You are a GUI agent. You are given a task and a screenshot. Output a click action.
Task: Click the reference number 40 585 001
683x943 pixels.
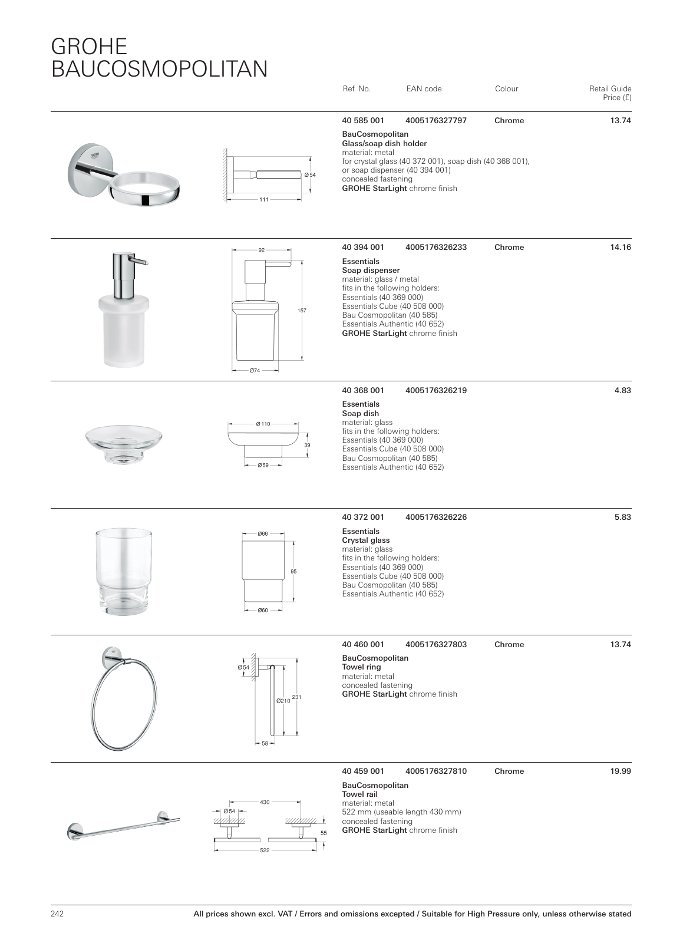(362, 121)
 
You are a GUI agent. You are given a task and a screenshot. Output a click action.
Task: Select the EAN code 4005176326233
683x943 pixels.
(436, 248)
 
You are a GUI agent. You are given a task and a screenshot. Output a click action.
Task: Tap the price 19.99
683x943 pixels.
(621, 771)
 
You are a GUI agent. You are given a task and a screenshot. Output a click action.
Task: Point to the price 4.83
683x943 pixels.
(623, 390)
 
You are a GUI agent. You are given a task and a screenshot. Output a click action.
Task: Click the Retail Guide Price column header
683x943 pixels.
(610, 93)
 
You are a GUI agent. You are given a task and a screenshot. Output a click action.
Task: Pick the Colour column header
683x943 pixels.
(506, 89)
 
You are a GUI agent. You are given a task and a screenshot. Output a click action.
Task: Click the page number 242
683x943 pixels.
(57, 914)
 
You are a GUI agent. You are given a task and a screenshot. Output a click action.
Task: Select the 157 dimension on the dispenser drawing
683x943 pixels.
(302, 310)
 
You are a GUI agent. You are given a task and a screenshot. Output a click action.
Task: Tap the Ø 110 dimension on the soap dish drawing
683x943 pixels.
(263, 424)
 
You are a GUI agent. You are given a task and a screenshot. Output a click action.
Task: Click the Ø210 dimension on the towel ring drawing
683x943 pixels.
(283, 701)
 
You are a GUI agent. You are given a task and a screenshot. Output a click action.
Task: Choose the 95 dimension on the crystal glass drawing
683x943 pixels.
(293, 572)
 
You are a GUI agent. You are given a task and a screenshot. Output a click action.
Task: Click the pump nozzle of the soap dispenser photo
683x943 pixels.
(144, 262)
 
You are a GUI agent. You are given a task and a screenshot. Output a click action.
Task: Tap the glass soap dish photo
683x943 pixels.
(123, 442)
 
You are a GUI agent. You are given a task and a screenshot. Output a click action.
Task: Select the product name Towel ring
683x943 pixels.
(361, 667)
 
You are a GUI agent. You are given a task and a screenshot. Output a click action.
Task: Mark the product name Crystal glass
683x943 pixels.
(366, 540)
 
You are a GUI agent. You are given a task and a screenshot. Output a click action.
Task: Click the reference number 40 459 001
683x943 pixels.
(362, 771)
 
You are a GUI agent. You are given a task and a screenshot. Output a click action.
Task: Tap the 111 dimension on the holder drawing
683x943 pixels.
(264, 200)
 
